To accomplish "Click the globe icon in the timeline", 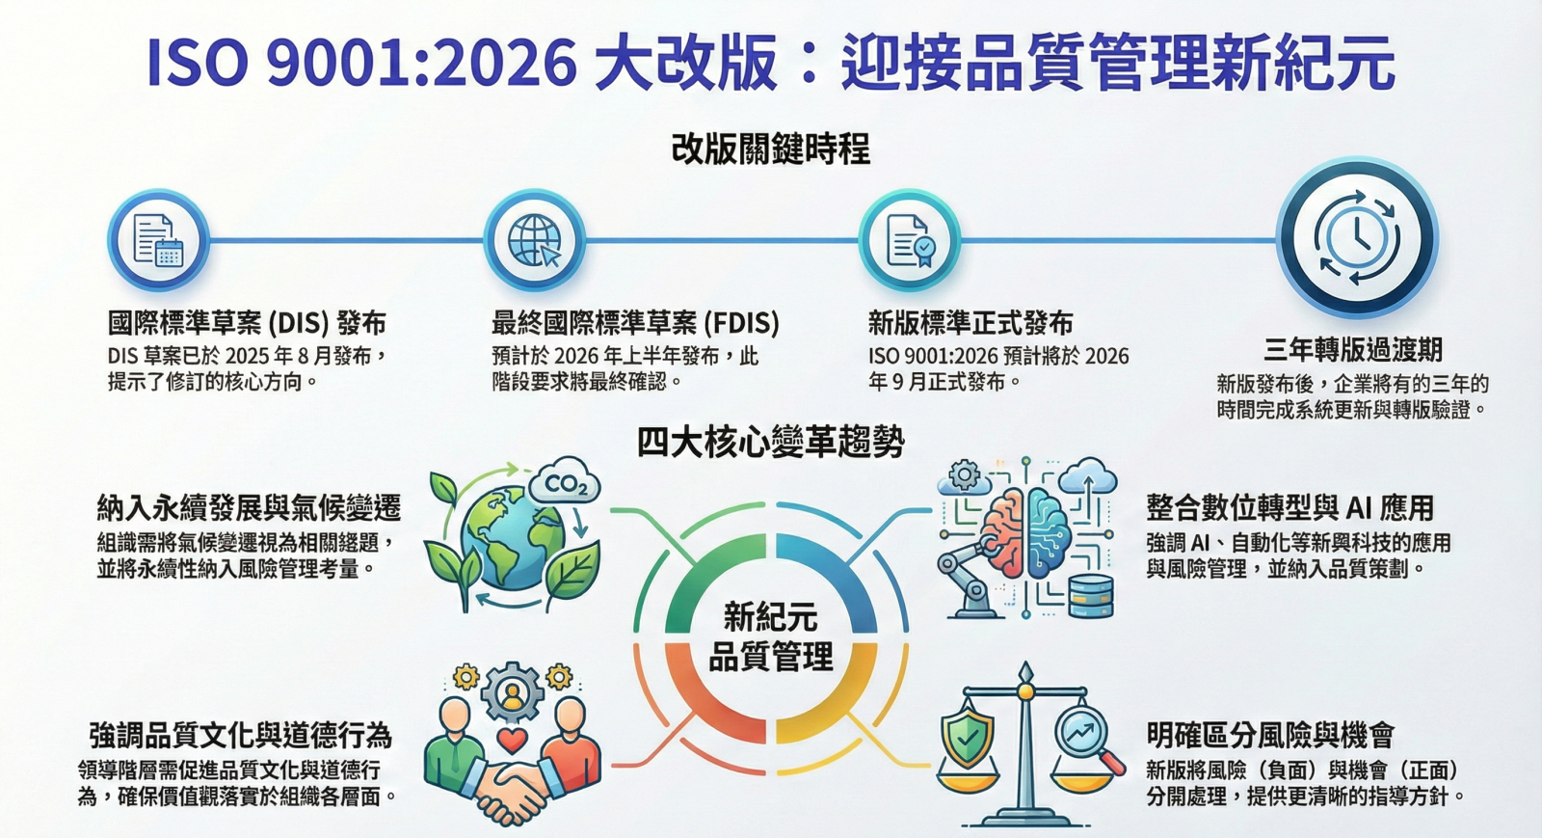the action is click(534, 240).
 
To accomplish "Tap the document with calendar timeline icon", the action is click(158, 240).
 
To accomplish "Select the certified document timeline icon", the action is click(910, 240).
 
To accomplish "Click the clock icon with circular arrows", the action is click(1357, 237).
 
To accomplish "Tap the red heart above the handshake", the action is click(512, 741).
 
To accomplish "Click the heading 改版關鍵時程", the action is click(770, 149).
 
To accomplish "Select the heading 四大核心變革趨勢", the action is click(770, 442).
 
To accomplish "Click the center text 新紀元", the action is click(770, 616).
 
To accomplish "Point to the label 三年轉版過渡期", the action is click(1353, 350).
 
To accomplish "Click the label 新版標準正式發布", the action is click(970, 323).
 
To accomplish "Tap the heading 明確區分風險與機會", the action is click(1271, 735).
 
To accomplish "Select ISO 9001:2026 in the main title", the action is click(362, 64).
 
